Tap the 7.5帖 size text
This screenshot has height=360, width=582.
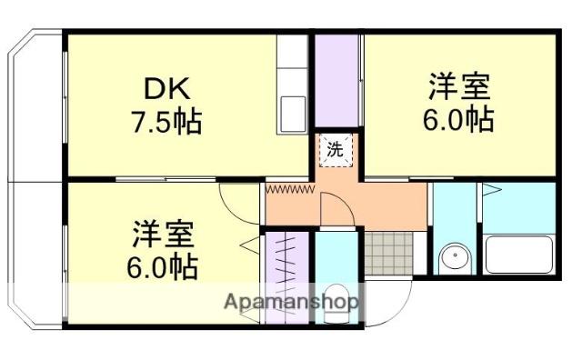(166, 121)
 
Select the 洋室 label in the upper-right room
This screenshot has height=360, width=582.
(459, 88)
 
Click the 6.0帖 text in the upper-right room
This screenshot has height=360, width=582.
(459, 119)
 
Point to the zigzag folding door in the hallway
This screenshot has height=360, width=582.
(289, 189)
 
